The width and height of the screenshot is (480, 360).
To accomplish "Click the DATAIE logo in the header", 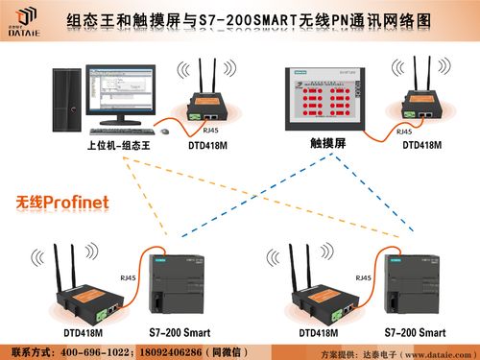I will pyautogui.click(x=27, y=19).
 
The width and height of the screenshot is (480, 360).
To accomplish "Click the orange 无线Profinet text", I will pyautogui.click(x=61, y=203).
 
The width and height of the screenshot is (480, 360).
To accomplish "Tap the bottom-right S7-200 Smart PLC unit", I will pyautogui.click(x=409, y=287).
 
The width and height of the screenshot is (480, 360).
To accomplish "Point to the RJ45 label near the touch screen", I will pyautogui.click(x=405, y=132).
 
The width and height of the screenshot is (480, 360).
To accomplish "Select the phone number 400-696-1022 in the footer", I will pyautogui.click(x=97, y=350).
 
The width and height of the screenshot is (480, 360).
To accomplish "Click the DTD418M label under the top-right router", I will pyautogui.click(x=421, y=145).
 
